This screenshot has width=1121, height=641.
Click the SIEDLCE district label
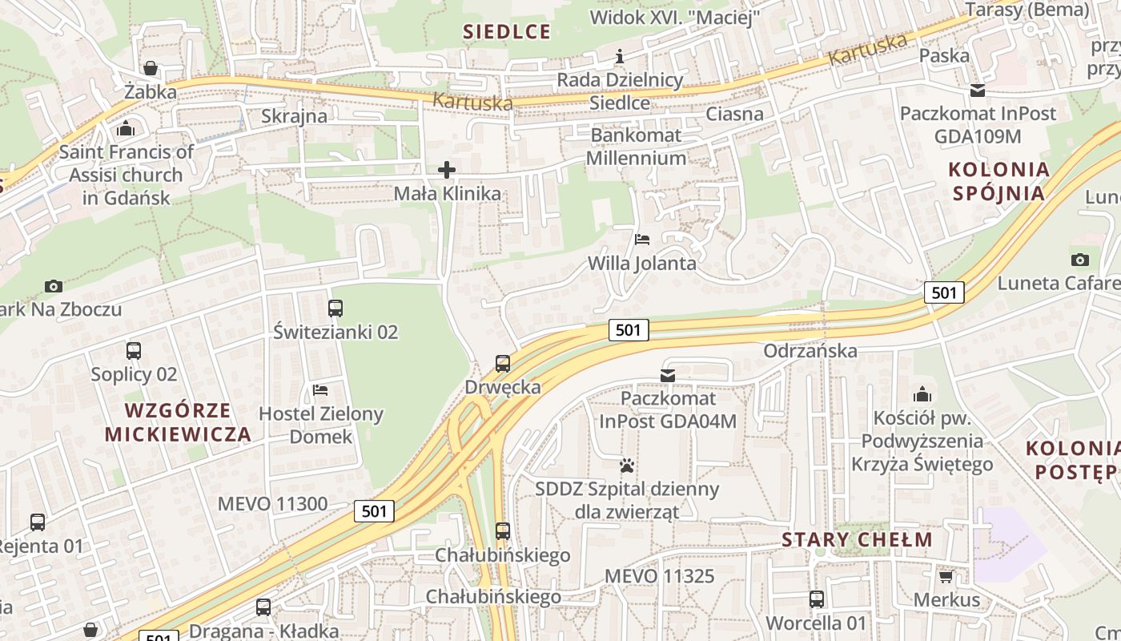(507, 32)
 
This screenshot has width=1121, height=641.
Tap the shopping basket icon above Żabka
(150, 69)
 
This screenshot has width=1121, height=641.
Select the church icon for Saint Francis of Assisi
(126, 128)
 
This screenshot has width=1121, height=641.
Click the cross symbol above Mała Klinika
(447, 170)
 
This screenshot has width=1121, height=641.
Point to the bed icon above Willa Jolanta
(642, 239)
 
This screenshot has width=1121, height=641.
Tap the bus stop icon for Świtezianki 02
(335, 308)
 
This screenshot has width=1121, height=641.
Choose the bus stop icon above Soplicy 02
(134, 351)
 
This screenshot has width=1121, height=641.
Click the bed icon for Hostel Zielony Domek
(320, 390)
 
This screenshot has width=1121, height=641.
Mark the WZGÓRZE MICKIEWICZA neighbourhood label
(178, 422)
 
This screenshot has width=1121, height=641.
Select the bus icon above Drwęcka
(503, 364)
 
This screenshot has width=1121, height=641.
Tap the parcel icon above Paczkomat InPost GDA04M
(667, 375)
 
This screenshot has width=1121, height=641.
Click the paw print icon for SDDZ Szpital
(627, 465)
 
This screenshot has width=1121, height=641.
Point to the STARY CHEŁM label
(857, 539)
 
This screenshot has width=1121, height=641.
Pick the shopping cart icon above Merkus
(946, 576)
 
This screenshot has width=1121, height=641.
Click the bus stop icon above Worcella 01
(816, 599)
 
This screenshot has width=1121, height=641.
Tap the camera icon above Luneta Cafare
(1079, 260)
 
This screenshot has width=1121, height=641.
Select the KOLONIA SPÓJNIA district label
(998, 181)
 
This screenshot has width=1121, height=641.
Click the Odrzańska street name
(810, 351)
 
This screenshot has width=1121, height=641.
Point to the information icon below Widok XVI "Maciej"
(619, 56)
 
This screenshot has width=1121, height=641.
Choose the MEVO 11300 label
(272, 504)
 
